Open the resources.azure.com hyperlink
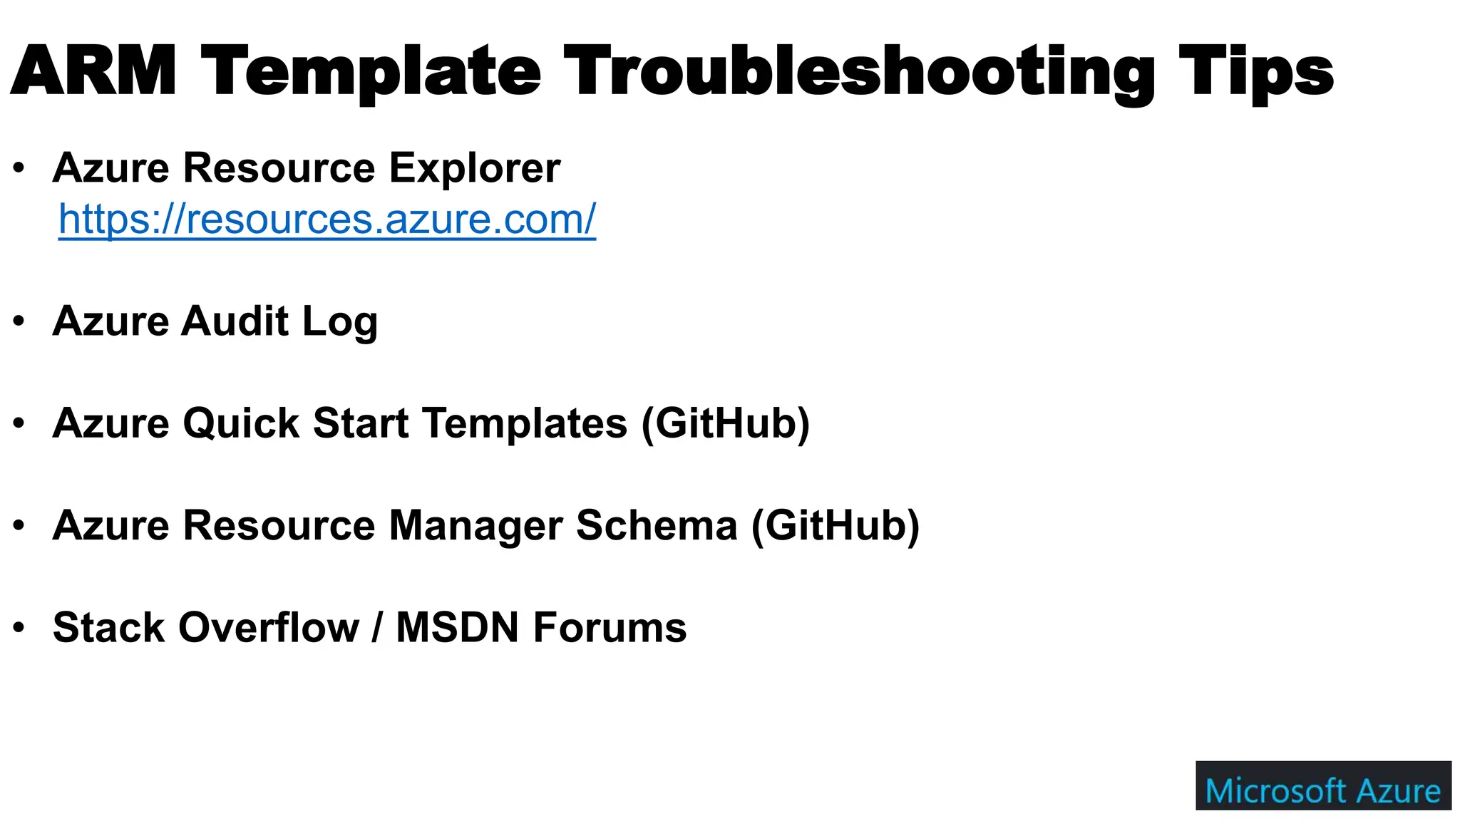tap(327, 219)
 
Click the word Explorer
tap(475, 169)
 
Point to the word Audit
tap(235, 321)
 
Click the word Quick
tap(240, 423)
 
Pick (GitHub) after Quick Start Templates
tap(726, 423)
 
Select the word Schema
tap(657, 525)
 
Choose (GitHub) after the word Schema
tap(836, 525)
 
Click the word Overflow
tap(269, 627)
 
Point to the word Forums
tap(610, 627)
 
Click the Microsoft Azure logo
tap(1323, 785)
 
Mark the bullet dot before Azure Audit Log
tap(19, 321)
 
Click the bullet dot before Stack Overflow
tap(19, 628)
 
